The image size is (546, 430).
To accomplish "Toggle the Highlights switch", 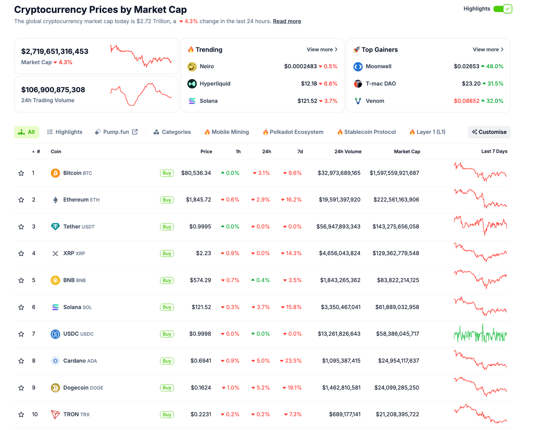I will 502,9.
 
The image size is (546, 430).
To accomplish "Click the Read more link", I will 287,21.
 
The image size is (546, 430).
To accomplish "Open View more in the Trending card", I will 322,50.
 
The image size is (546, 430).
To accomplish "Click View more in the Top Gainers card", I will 488,50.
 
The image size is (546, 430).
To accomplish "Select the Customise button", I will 489,132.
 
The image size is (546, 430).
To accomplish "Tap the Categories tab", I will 172,132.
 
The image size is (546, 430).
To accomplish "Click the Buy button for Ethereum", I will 167,200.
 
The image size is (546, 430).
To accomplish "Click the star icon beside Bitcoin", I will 21,173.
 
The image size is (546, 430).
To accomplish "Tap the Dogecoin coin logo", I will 55,388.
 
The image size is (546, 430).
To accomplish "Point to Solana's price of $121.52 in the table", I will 201,307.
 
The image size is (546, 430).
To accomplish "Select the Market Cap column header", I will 407,152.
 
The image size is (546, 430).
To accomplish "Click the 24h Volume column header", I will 348,152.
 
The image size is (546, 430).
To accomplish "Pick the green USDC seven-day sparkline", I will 480,334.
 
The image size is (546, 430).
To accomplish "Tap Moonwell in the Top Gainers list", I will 378,66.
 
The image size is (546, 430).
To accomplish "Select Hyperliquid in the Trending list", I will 215,84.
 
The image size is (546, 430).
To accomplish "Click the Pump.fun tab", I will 116,132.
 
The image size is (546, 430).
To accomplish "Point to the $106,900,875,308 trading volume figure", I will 53,90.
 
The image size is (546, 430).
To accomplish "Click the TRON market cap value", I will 397,414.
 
